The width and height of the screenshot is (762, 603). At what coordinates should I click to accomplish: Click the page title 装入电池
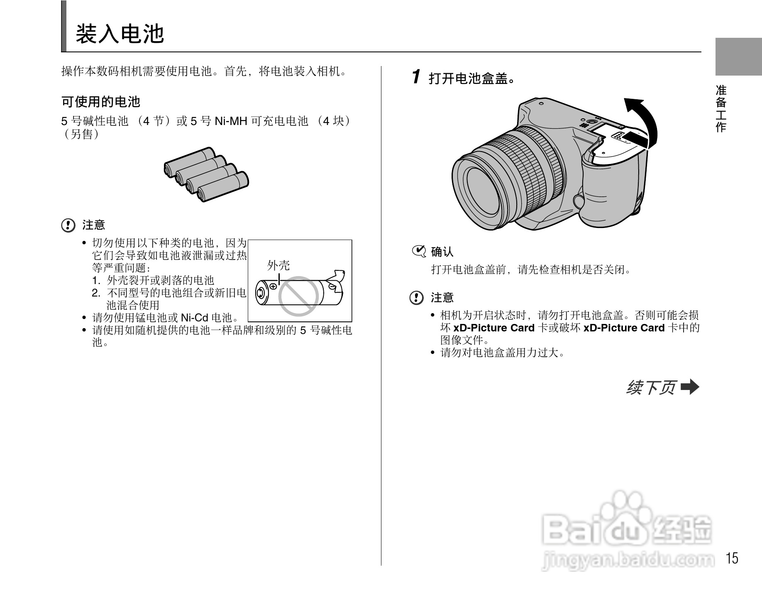(x=120, y=34)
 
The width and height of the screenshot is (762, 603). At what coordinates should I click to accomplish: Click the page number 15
(x=732, y=558)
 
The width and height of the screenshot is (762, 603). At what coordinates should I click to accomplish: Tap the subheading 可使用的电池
(x=101, y=101)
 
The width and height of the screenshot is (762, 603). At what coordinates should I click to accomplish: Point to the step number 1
(x=416, y=77)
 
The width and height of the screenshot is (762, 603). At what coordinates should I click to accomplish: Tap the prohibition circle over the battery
(x=298, y=296)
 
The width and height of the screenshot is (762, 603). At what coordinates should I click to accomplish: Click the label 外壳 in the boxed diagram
(x=278, y=265)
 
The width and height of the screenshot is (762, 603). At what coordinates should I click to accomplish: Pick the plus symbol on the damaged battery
(x=273, y=286)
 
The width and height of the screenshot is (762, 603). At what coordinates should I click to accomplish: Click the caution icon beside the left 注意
(x=68, y=226)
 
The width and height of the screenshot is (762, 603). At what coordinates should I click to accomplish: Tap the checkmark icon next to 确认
(x=419, y=251)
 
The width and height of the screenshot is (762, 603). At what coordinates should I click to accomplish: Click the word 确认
(x=442, y=252)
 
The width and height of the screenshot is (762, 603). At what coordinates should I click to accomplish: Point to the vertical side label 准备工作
(x=721, y=108)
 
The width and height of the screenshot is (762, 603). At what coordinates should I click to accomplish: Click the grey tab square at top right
(x=738, y=56)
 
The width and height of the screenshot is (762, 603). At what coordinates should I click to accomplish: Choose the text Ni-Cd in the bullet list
(x=194, y=318)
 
